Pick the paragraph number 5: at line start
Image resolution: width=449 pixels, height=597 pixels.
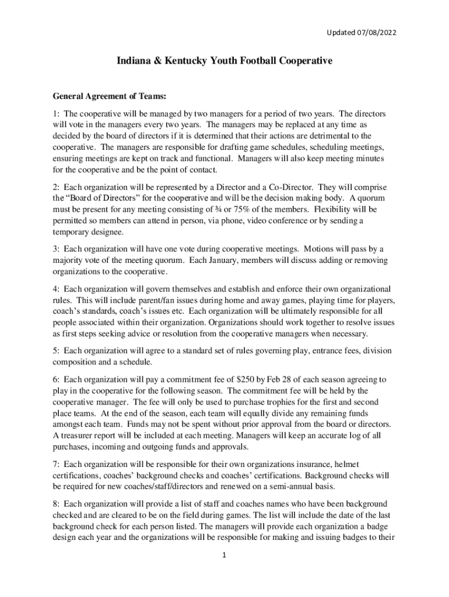(56, 351)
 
